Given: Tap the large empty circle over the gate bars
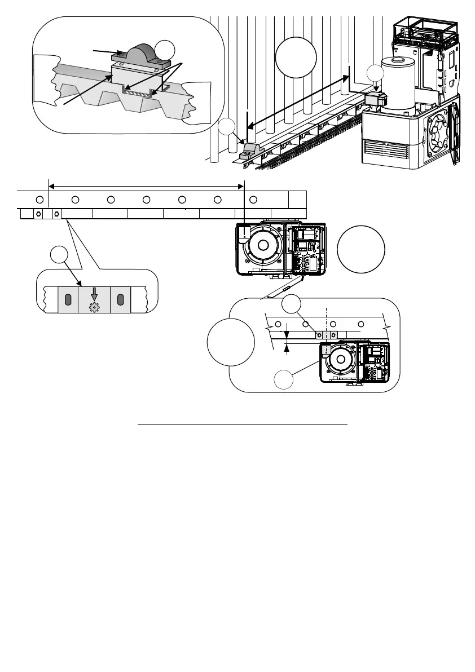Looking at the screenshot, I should [x=296, y=57].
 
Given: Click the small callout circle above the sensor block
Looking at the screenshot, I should [x=375, y=73].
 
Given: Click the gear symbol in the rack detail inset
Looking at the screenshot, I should [x=94, y=308].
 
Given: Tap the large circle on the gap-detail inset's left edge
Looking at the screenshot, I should [x=230, y=343].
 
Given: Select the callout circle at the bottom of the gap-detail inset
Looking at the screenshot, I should [x=284, y=381].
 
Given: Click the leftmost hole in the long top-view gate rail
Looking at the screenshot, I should [x=39, y=200].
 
